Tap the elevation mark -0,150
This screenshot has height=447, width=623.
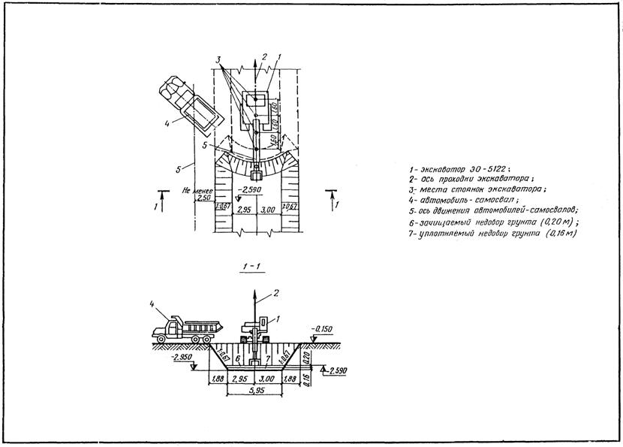pos(327,328)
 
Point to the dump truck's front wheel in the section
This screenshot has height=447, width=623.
pos(162,340)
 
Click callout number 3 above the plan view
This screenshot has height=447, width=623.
pos(218,59)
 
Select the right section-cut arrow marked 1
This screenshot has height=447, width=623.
pos(331,200)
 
